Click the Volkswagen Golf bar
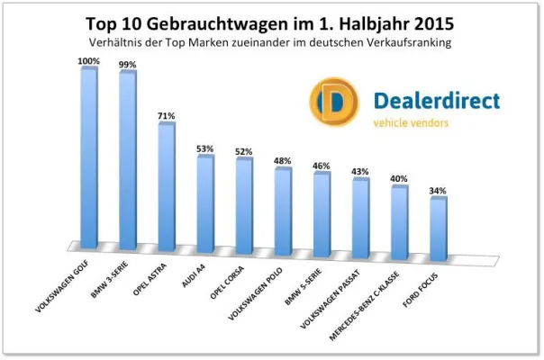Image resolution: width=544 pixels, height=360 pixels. (x=88, y=157)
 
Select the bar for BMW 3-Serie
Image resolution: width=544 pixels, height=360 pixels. (x=127, y=160)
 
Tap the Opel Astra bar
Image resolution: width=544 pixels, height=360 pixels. (x=167, y=186)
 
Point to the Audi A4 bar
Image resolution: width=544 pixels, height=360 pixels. (x=205, y=202)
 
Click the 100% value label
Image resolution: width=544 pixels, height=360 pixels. (x=88, y=60)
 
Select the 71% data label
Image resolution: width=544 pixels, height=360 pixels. (x=167, y=116)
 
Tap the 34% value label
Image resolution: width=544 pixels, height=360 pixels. (x=439, y=191)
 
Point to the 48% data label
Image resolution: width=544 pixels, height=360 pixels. (x=283, y=161)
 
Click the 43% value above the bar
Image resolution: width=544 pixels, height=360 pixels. (x=360, y=171)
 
